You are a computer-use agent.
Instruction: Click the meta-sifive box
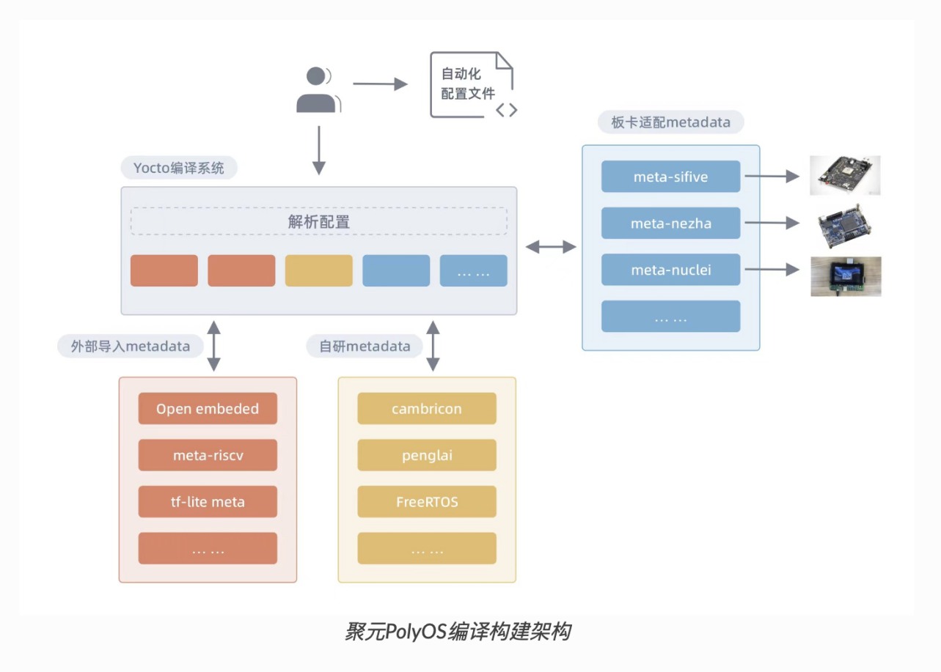[x=670, y=177]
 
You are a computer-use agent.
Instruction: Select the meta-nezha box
[x=670, y=224]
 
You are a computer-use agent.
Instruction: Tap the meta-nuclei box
[x=670, y=270]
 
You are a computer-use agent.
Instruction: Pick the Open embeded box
[x=208, y=409]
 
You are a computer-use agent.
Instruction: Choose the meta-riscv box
[x=208, y=455]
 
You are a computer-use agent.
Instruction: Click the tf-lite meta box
[x=208, y=502]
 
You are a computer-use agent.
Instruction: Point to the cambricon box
[x=427, y=409]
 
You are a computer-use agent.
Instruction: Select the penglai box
[x=427, y=455]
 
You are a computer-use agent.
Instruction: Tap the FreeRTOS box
[x=427, y=502]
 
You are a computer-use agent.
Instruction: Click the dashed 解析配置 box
[x=319, y=221]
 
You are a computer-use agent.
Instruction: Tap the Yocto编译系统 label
[x=179, y=168]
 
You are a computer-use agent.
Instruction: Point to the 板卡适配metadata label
[x=670, y=122]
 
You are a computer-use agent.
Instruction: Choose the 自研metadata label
[x=365, y=346]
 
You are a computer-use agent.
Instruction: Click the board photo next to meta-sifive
[x=845, y=175]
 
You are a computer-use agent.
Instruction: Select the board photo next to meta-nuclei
[x=846, y=276]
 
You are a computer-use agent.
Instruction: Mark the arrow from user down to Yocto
[x=318, y=149]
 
